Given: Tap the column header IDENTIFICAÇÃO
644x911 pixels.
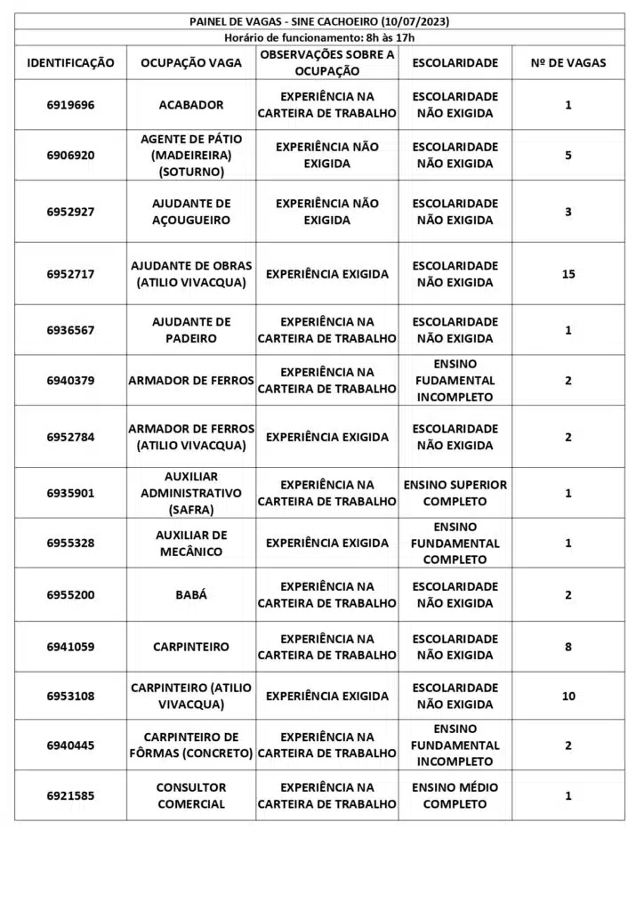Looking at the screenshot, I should (x=71, y=63).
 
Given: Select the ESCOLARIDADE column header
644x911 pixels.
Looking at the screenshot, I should (x=455, y=63).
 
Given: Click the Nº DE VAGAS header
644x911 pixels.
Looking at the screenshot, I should (x=568, y=63).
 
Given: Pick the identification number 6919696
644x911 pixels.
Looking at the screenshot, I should (x=71, y=105).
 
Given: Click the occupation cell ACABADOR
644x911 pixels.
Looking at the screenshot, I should (x=191, y=105).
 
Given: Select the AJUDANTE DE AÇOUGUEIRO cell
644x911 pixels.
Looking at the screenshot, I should (x=191, y=212).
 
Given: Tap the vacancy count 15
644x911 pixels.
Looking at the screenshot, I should (x=568, y=274).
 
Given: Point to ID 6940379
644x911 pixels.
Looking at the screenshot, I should (x=71, y=381).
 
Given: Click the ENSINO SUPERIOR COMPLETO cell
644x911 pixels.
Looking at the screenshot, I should (x=455, y=493).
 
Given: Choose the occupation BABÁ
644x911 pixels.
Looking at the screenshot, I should (x=191, y=595).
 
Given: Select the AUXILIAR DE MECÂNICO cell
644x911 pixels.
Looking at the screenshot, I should (x=191, y=544).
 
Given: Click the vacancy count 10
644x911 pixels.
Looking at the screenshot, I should (x=568, y=696).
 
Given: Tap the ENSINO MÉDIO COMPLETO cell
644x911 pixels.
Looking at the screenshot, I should (x=455, y=795).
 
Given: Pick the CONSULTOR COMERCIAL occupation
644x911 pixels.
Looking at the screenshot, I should (x=191, y=795).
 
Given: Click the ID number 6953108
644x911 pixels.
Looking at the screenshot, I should (x=71, y=696).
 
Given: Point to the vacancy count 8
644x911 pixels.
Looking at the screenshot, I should (x=568, y=647).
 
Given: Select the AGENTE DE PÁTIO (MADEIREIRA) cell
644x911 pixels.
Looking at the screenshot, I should (x=191, y=155).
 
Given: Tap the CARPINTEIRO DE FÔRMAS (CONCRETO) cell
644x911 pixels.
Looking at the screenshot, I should (x=191, y=745).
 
